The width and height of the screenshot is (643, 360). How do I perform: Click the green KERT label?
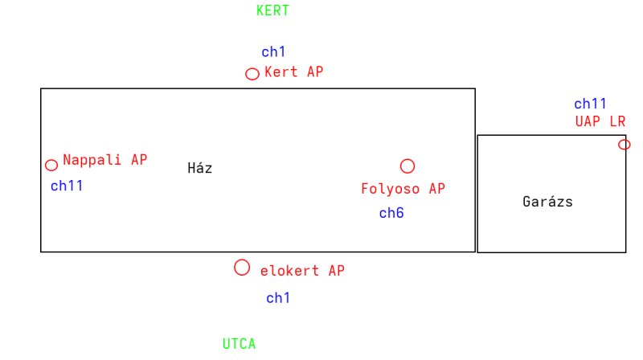pyautogui.click(x=272, y=11)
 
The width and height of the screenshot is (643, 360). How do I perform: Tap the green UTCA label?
pyautogui.click(x=239, y=344)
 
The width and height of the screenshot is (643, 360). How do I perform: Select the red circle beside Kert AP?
pyautogui.click(x=252, y=74)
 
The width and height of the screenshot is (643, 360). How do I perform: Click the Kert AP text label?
pyautogui.click(x=293, y=72)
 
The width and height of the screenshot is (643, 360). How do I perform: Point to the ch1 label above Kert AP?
pyautogui.click(x=273, y=52)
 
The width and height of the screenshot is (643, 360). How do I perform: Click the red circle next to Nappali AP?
pyautogui.click(x=51, y=166)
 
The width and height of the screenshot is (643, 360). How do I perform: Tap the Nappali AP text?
pyautogui.click(x=104, y=160)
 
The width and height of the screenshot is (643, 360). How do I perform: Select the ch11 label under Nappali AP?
pyautogui.click(x=67, y=186)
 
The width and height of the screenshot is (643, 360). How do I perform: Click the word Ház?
pyautogui.click(x=199, y=168)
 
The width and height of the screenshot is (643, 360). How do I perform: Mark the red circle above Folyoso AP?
pyautogui.click(x=408, y=166)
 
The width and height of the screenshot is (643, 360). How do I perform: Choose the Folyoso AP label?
pyautogui.click(x=403, y=189)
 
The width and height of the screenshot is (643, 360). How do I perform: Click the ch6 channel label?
pyautogui.click(x=391, y=213)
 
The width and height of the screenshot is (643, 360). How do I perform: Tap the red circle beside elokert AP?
pyautogui.click(x=242, y=268)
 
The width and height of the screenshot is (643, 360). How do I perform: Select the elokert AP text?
pyautogui.click(x=302, y=272)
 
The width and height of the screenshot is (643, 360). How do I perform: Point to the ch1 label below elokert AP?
pyautogui.click(x=278, y=298)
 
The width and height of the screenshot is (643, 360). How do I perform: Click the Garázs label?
pyautogui.click(x=547, y=202)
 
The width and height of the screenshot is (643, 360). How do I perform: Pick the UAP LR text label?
pyautogui.click(x=600, y=121)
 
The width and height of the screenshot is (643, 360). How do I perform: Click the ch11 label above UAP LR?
pyautogui.click(x=590, y=104)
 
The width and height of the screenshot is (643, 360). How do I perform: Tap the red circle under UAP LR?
pyautogui.click(x=625, y=145)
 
